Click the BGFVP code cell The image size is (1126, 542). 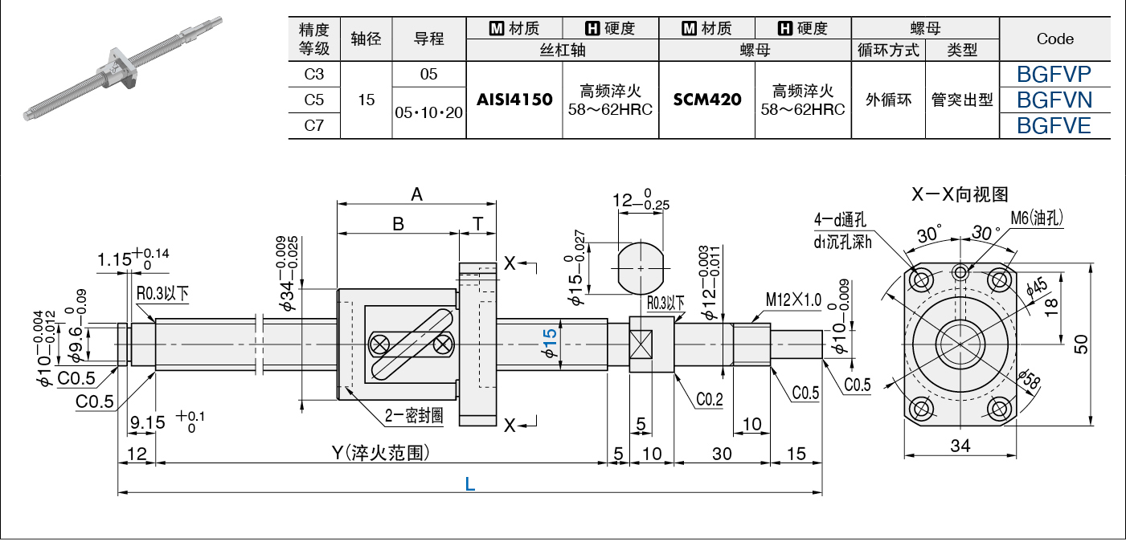tap(1054, 75)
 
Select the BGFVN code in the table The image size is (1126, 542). tap(1054, 100)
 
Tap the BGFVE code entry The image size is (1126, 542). tap(1054, 125)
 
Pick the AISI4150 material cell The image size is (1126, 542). tap(514, 100)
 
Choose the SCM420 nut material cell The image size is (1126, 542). tap(707, 100)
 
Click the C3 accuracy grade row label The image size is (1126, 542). tap(314, 75)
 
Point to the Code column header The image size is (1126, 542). tap(1054, 39)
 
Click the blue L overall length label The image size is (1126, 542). tap(469, 484)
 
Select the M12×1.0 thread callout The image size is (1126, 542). tap(793, 300)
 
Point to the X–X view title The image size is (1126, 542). tap(960, 194)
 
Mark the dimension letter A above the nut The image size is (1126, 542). tap(416, 194)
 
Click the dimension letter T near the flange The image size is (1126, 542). tap(478, 224)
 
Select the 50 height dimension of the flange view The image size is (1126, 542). tap(1082, 344)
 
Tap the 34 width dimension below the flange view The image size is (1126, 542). tap(960, 446)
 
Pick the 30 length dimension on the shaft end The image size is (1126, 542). tap(722, 454)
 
